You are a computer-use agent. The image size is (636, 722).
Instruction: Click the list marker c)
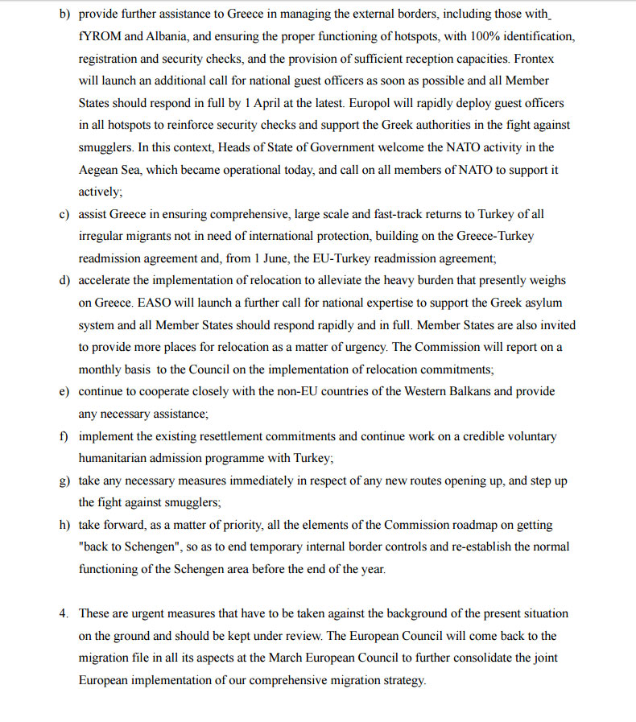(64, 214)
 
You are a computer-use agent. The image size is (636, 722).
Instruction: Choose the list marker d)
(64, 280)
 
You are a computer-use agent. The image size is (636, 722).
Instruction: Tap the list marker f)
(64, 436)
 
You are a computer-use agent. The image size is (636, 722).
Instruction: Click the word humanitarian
(117, 457)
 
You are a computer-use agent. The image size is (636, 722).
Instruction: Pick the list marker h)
(64, 525)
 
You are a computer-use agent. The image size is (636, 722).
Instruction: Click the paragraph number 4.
(63, 613)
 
